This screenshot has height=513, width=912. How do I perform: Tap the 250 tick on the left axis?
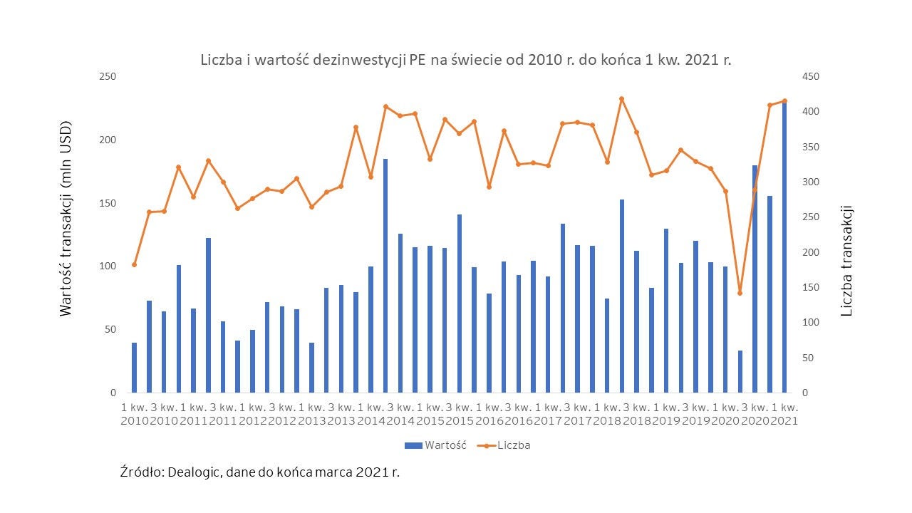(x=108, y=76)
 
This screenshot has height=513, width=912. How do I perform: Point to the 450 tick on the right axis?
(x=811, y=76)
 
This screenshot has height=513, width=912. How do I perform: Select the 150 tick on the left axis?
(x=108, y=203)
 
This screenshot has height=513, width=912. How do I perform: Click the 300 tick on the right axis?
(x=811, y=182)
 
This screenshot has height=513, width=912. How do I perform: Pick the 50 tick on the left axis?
(x=110, y=329)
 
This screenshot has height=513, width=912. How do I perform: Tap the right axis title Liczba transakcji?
(x=846, y=261)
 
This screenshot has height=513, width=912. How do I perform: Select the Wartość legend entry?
(x=435, y=445)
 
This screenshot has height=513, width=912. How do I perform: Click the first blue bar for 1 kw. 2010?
(x=134, y=368)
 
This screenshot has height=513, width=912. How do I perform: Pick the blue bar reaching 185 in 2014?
(x=385, y=276)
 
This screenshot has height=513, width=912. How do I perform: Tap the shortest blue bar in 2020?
(x=740, y=371)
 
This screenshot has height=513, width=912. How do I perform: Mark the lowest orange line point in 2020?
(x=740, y=293)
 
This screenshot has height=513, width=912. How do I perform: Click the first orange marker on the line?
(x=134, y=264)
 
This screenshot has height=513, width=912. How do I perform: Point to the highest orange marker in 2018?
(x=622, y=98)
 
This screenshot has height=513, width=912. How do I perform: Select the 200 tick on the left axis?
(x=108, y=140)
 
